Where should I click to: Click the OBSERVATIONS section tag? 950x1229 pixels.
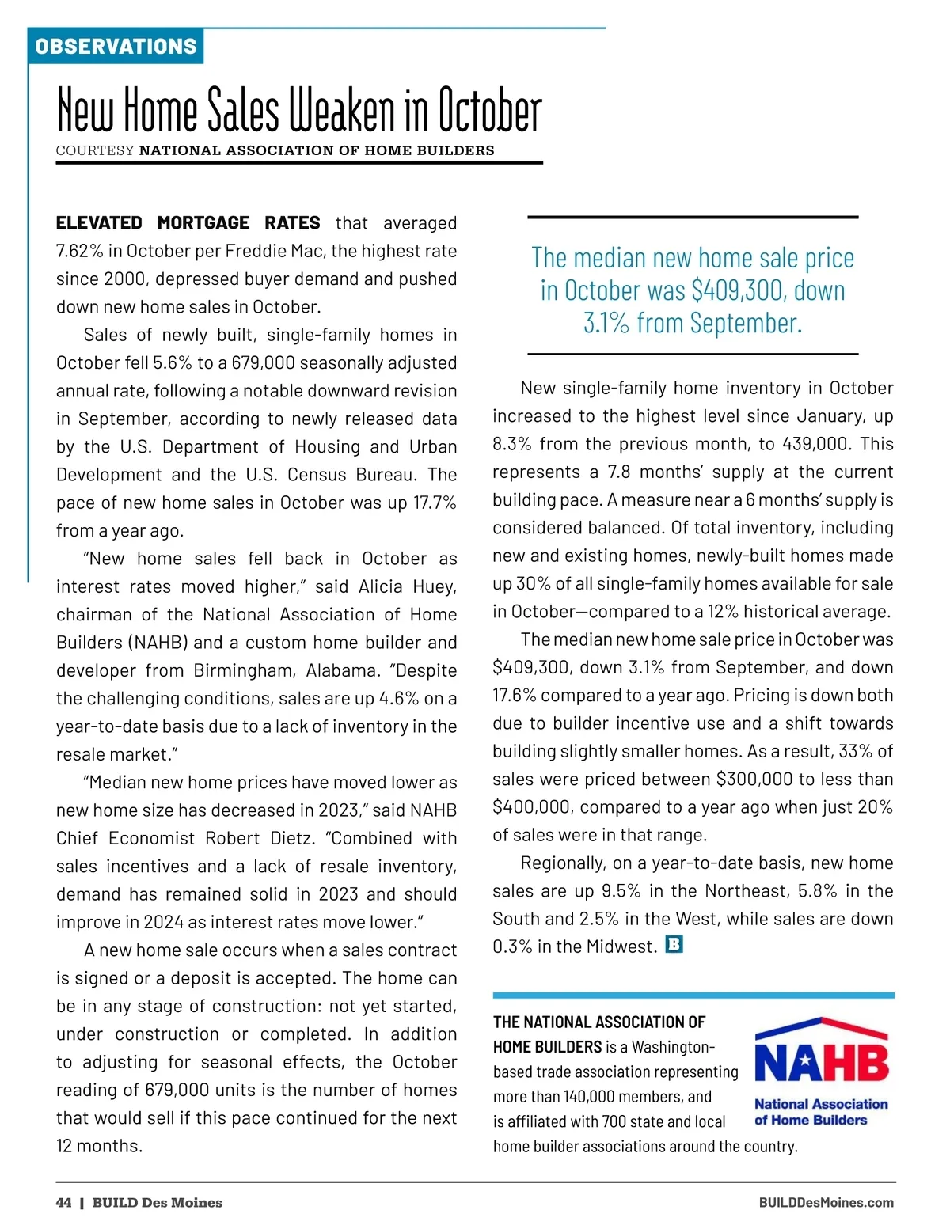tap(116, 46)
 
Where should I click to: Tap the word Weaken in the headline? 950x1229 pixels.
tap(342, 112)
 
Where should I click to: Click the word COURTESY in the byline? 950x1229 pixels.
tap(95, 150)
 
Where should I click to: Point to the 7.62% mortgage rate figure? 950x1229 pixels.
tap(79, 251)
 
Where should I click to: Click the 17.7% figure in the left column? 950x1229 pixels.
tap(435, 503)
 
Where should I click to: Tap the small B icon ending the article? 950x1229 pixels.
tap(674, 944)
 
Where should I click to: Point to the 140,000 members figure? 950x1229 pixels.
tap(594, 1097)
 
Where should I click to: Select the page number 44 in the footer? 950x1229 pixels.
tap(63, 1203)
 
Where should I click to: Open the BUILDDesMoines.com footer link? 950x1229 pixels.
tap(826, 1203)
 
